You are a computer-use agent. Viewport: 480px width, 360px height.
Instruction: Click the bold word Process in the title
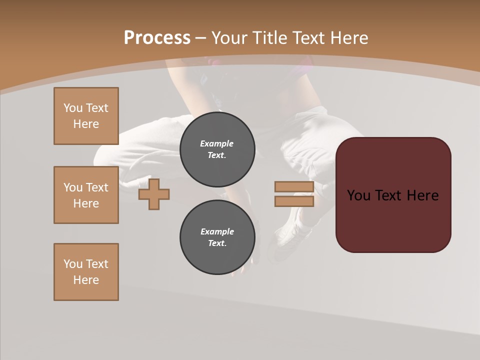coord(157,38)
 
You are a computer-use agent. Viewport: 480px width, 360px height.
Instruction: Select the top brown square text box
coord(86,116)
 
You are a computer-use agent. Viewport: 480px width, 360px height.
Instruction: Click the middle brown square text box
coord(86,195)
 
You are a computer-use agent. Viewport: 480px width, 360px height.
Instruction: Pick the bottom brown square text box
coord(86,272)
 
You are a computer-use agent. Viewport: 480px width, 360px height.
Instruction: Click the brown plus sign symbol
coord(154,194)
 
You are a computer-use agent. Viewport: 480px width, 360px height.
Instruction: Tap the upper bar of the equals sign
coord(294,187)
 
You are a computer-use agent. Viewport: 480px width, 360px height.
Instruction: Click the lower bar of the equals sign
coord(294,201)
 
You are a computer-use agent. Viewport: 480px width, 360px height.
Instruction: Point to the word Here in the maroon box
coord(422,195)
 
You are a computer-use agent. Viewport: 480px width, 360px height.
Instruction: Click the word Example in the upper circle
coord(217,143)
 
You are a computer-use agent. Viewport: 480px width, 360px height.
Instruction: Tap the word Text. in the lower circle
coord(217,243)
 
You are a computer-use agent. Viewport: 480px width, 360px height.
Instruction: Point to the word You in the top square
coord(73,108)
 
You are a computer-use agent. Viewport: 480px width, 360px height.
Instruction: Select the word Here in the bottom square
coord(86,280)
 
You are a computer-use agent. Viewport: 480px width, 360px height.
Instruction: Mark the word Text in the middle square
coord(97,187)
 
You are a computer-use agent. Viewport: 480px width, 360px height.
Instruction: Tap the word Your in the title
coord(230,38)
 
